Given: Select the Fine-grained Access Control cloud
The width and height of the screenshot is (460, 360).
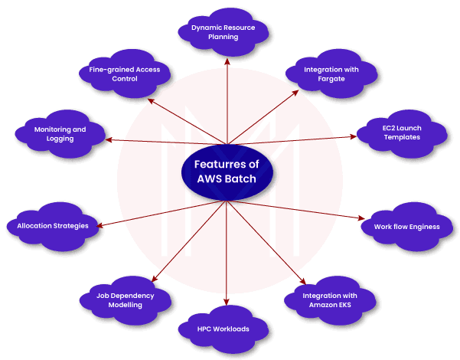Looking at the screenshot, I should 119,74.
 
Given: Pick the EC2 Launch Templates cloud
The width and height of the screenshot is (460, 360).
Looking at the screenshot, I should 401,132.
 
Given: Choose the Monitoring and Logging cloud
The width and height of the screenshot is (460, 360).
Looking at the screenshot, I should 60,133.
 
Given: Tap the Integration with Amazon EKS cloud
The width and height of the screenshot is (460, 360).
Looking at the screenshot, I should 329,299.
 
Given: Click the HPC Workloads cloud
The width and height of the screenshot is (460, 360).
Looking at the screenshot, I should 224,329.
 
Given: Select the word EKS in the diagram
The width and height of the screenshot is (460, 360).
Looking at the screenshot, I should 347,305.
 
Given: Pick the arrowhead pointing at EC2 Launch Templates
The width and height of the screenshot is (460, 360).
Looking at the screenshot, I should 354,136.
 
